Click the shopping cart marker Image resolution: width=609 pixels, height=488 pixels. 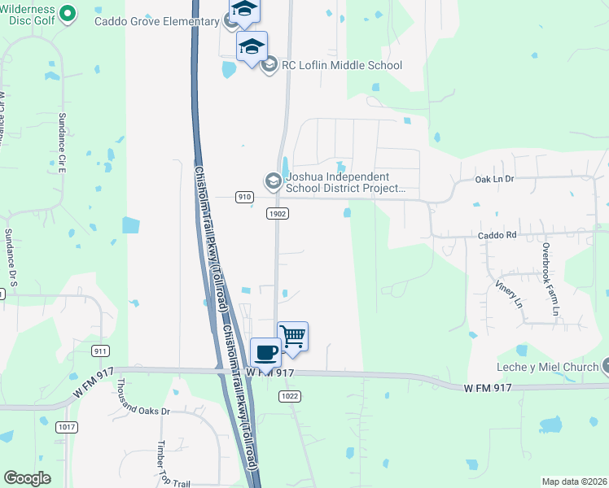tap(293, 335)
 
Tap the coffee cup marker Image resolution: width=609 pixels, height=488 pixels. tap(265, 352)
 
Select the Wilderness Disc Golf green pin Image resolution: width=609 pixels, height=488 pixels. tap(68, 13)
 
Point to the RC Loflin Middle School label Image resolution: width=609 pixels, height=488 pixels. tap(342, 65)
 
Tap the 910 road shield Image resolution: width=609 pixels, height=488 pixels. tap(245, 197)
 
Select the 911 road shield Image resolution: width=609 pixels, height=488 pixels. tap(101, 351)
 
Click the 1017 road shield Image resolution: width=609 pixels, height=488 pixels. tap(67, 426)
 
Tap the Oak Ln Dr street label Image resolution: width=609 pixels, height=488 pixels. tap(496, 178)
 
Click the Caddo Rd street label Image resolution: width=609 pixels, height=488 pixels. tap(497, 235)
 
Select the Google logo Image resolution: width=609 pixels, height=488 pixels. tap(28, 478)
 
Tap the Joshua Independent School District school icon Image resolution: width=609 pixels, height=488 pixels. tap(274, 180)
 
